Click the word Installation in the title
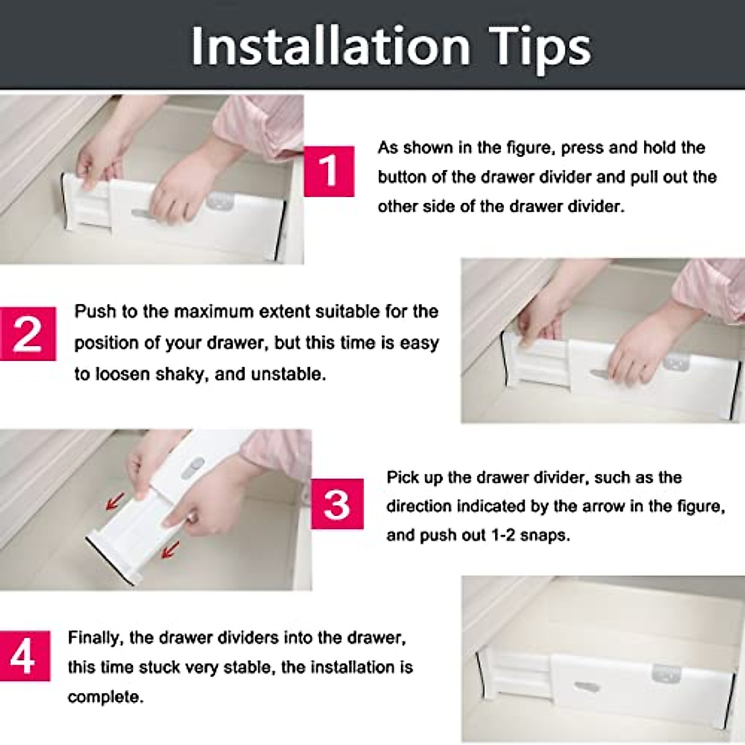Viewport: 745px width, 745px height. (x=330, y=47)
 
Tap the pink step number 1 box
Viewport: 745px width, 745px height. (x=328, y=171)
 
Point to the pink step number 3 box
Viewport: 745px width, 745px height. (x=336, y=503)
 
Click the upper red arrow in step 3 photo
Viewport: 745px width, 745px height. (x=115, y=501)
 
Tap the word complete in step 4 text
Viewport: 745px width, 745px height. (x=104, y=697)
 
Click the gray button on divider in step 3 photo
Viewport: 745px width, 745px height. (x=196, y=464)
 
